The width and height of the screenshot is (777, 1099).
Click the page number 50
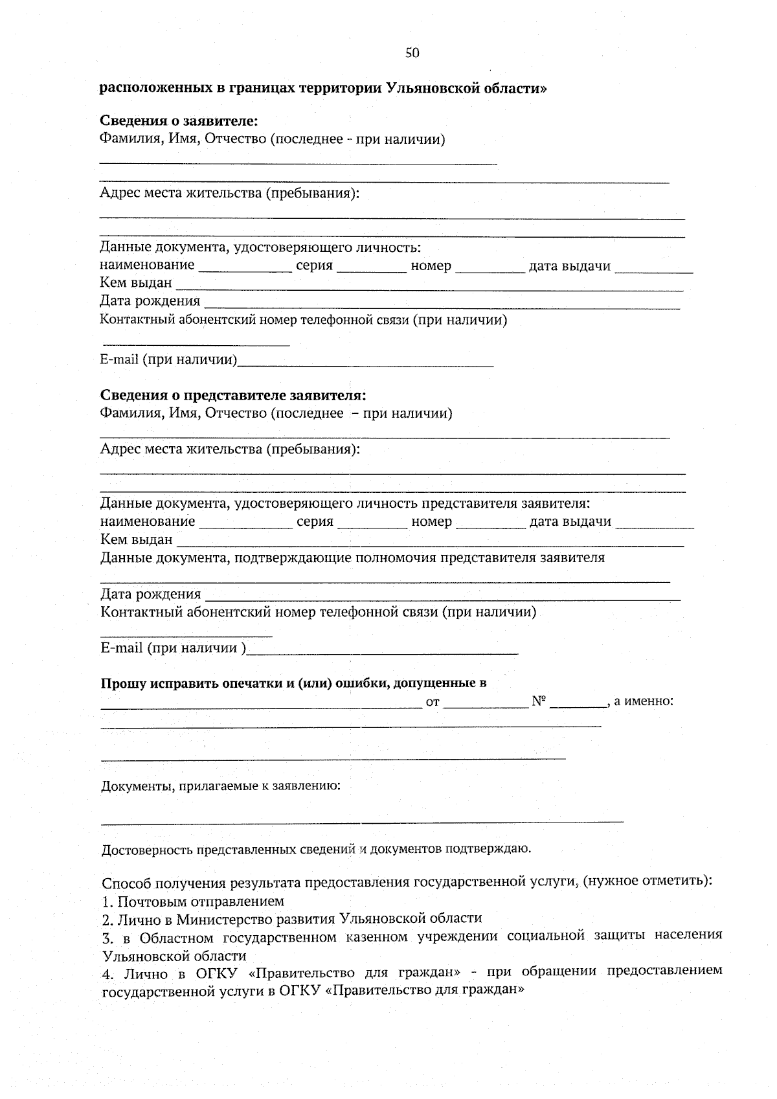pyautogui.click(x=412, y=53)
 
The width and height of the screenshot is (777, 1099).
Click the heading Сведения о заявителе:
pyautogui.click(x=179, y=121)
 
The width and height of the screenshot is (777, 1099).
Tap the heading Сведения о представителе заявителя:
pyautogui.click(x=233, y=395)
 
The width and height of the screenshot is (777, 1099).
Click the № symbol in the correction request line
pyautogui.click(x=539, y=701)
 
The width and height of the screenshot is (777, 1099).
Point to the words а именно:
pyautogui.click(x=644, y=701)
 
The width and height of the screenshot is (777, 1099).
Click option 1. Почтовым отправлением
pyautogui.click(x=193, y=901)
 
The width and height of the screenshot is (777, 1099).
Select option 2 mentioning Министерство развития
pyautogui.click(x=292, y=918)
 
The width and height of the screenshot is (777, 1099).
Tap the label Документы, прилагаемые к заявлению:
pyautogui.click(x=221, y=786)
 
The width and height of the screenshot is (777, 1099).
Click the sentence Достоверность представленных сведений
pyautogui.click(x=316, y=848)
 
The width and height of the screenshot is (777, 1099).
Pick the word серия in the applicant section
pyautogui.click(x=314, y=266)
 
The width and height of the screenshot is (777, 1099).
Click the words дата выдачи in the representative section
pyautogui.click(x=570, y=522)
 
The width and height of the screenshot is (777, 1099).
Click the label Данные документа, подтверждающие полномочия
pyautogui.click(x=352, y=558)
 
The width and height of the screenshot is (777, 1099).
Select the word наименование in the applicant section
pyautogui.click(x=147, y=266)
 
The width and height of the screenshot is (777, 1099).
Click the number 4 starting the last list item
pyautogui.click(x=107, y=974)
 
